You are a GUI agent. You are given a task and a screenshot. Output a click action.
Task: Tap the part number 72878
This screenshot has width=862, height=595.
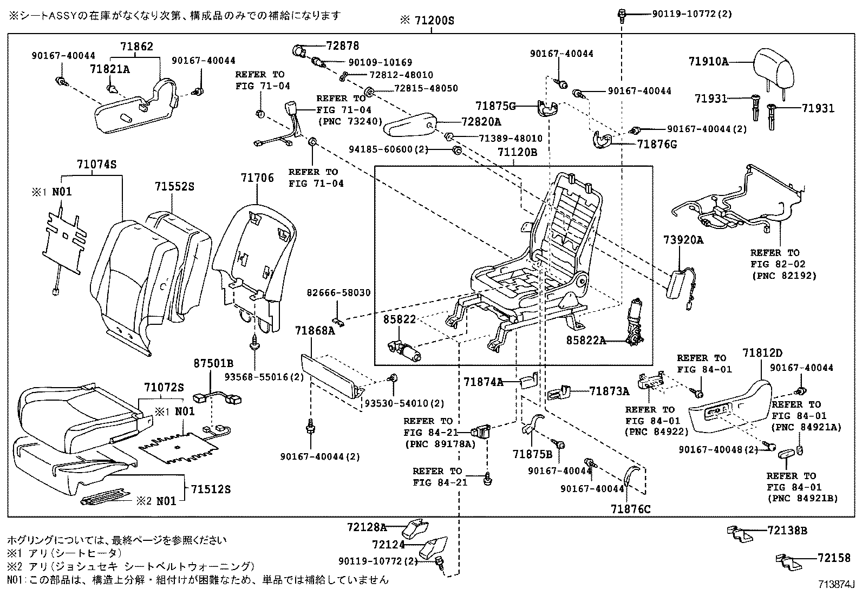(342, 46)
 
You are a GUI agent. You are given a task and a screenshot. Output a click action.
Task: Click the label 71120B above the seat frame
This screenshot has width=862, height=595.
(517, 153)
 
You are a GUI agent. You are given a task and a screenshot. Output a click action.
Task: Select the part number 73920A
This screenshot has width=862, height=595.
(683, 240)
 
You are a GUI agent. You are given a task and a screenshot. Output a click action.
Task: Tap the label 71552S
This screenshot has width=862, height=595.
(174, 186)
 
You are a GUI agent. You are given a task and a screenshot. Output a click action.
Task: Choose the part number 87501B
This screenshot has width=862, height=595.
(213, 363)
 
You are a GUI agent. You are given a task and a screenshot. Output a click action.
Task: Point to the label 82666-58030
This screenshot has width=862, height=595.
(338, 293)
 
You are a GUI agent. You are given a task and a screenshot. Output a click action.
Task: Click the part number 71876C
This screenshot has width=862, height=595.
(631, 509)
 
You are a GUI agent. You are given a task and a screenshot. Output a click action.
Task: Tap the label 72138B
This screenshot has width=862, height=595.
(787, 531)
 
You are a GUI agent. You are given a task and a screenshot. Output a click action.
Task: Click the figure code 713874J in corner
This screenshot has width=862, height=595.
(835, 585)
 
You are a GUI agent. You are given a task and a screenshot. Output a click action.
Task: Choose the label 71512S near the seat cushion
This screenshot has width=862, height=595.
(211, 489)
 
